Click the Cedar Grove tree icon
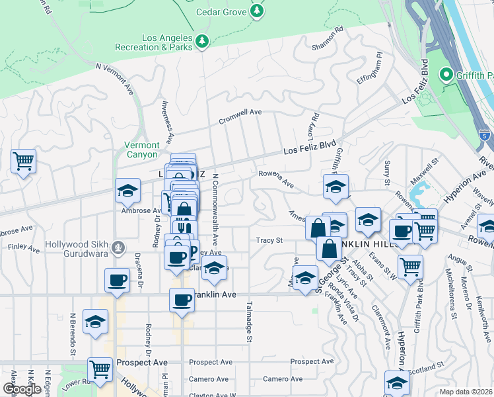257,11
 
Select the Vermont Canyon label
142,150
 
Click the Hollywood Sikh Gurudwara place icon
118,247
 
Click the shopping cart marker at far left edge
23,161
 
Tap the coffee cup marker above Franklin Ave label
182,300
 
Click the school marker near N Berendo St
96,323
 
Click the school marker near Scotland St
397,382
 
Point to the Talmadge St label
250,321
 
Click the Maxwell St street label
426,171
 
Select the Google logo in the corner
22,389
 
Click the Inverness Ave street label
168,122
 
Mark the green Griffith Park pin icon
446,74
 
